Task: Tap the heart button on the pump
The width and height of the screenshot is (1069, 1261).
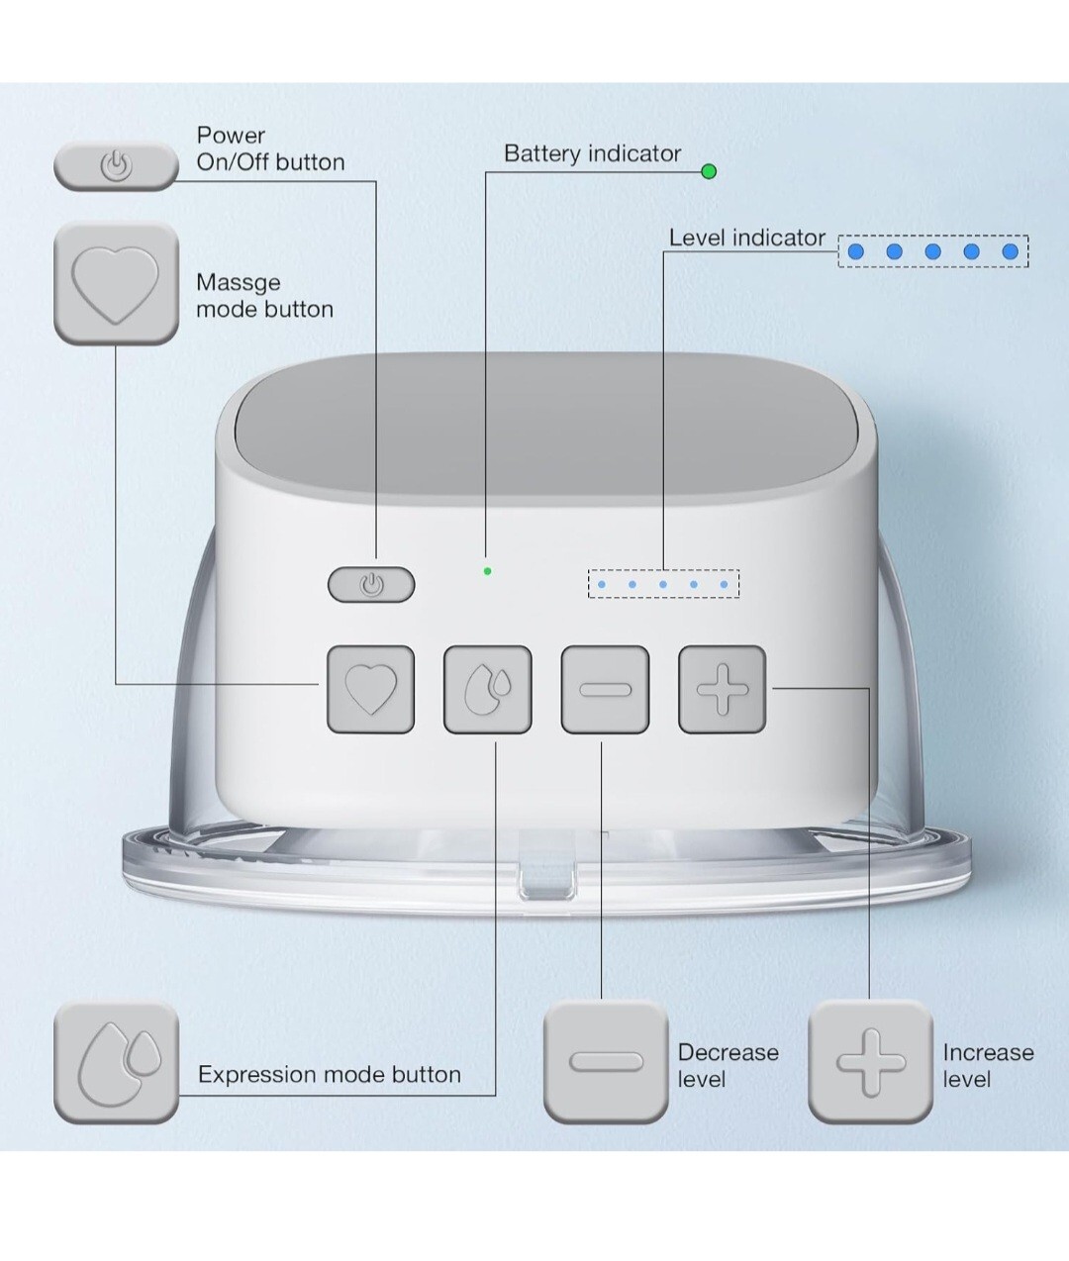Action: [370, 689]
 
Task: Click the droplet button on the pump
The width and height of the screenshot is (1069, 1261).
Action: [487, 689]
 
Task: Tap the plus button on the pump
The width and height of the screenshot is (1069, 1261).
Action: [722, 689]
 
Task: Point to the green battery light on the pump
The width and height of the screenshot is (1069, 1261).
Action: [487, 571]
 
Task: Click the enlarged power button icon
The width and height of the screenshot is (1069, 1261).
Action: [116, 165]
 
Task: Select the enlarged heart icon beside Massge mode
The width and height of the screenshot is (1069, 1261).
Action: [116, 284]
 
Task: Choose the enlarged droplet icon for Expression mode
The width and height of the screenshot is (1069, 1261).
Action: [116, 1062]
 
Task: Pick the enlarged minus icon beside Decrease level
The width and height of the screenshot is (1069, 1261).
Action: [606, 1062]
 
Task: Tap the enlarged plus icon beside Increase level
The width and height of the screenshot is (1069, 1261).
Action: [870, 1062]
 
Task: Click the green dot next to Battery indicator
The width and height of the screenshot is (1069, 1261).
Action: [709, 171]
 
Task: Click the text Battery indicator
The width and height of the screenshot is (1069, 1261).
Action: [592, 153]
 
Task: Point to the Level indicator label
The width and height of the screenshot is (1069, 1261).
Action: [746, 238]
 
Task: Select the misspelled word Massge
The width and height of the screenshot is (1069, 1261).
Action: [238, 282]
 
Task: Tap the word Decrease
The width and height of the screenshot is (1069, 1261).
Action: [728, 1052]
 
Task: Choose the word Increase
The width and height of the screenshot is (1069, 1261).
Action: [988, 1052]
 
